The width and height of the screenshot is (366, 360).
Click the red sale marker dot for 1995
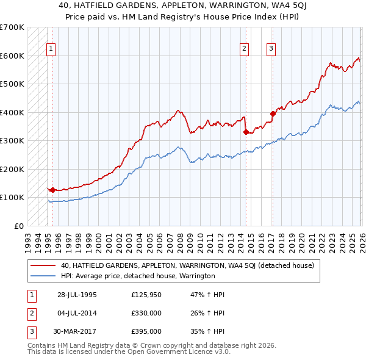(53, 190)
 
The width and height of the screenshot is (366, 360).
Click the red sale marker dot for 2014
(246, 132)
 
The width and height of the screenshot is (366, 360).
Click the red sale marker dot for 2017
(273, 113)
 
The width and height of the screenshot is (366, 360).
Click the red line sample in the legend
(43, 265)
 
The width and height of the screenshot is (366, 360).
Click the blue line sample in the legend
(43, 276)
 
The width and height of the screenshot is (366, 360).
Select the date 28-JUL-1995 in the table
(77, 295)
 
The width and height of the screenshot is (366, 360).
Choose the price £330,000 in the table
(146, 313)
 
